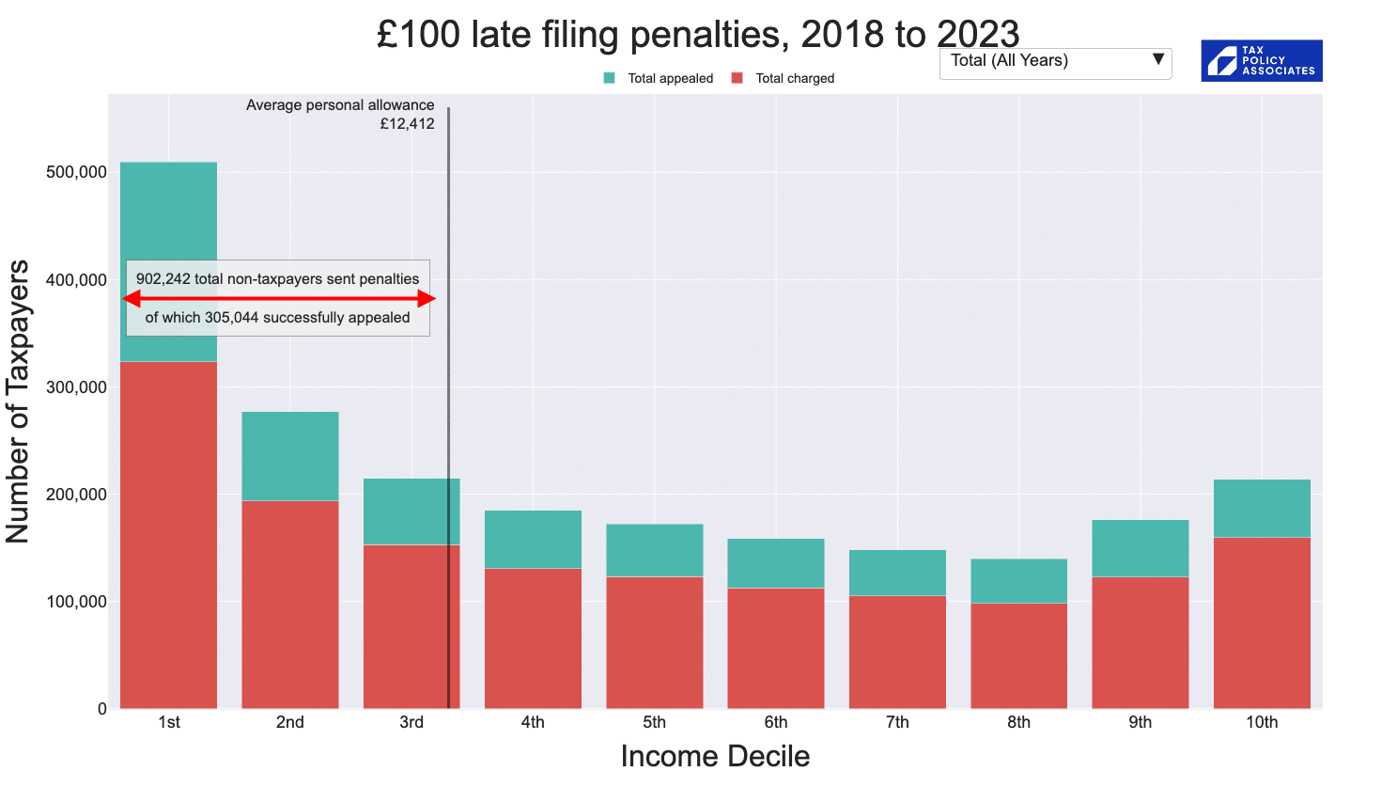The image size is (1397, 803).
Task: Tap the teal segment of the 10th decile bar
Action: click(x=1262, y=508)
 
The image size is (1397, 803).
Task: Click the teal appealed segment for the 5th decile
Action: click(x=655, y=550)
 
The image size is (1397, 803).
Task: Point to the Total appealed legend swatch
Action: click(x=610, y=78)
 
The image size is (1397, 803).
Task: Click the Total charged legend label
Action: click(x=795, y=78)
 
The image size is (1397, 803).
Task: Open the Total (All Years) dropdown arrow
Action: click(x=1158, y=60)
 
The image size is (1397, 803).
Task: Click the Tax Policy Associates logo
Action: click(x=1261, y=60)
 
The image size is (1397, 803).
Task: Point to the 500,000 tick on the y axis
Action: click(x=76, y=172)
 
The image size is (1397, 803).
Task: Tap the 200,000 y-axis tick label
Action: click(x=76, y=495)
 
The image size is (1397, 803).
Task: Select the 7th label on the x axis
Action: click(x=897, y=722)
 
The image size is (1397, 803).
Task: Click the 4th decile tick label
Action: click(x=533, y=722)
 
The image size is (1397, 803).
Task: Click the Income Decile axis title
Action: click(x=715, y=756)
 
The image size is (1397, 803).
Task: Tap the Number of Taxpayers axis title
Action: click(x=18, y=401)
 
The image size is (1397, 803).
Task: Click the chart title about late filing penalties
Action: click(x=697, y=35)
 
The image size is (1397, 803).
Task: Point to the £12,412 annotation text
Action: click(x=407, y=124)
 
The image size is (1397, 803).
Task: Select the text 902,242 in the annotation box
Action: click(x=163, y=279)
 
